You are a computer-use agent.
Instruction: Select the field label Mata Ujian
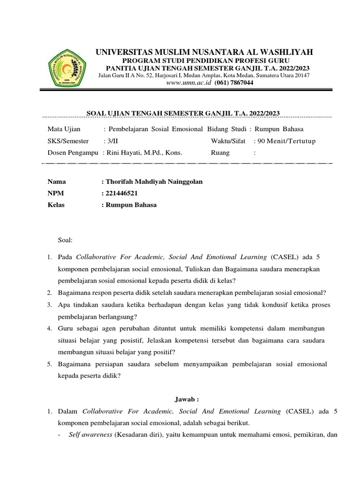(64, 129)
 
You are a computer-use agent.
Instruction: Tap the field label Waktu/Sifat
(228, 141)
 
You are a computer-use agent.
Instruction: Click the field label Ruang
(220, 152)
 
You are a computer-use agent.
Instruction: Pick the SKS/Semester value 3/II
(114, 141)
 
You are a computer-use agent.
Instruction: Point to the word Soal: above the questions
(65, 240)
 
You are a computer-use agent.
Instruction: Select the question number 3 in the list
(49, 305)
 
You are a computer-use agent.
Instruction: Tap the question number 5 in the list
(49, 364)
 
